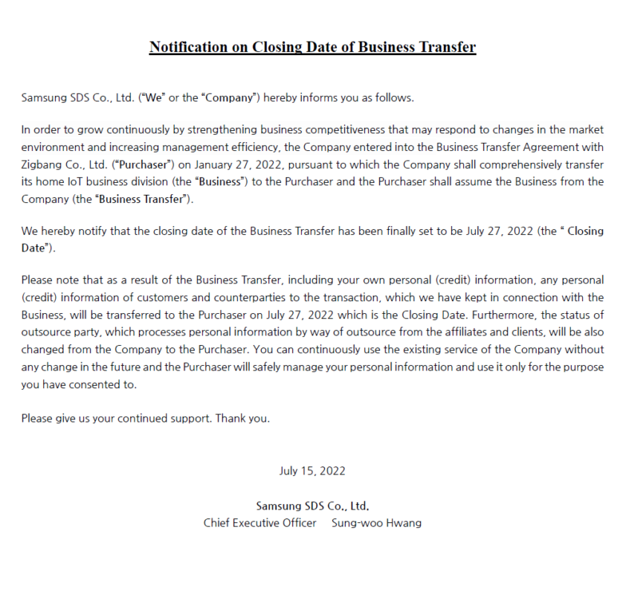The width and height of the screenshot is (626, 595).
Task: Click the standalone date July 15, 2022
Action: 312,471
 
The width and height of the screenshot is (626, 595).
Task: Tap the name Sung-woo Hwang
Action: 376,523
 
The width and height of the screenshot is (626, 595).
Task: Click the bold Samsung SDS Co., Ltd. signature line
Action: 312,506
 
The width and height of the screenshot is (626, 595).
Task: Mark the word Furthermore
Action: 505,315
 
